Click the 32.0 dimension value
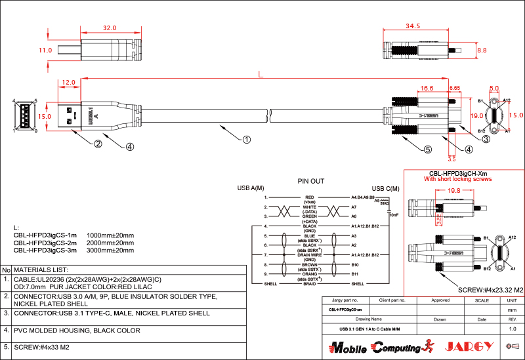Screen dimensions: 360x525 click(109, 28)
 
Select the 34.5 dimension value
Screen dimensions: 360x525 click(413, 26)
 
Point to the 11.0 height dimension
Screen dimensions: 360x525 click(45, 50)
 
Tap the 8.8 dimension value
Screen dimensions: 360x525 click(482, 50)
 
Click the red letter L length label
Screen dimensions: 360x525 click(261, 75)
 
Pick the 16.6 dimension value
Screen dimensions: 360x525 click(427, 88)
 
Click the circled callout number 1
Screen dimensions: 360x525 click(246, 139)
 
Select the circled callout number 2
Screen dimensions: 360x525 click(97, 144)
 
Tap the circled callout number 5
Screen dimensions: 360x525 click(428, 150)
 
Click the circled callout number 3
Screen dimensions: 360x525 click(486, 139)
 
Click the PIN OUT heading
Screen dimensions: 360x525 click(311, 180)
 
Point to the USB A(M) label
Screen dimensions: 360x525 click(250, 189)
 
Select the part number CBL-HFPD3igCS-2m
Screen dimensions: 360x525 click(45, 242)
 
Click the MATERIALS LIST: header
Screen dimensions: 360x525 click(41, 270)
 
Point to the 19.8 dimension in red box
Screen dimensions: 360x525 click(453, 191)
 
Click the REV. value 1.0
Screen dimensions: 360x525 click(513, 328)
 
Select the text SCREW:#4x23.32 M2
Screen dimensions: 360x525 click(490, 289)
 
